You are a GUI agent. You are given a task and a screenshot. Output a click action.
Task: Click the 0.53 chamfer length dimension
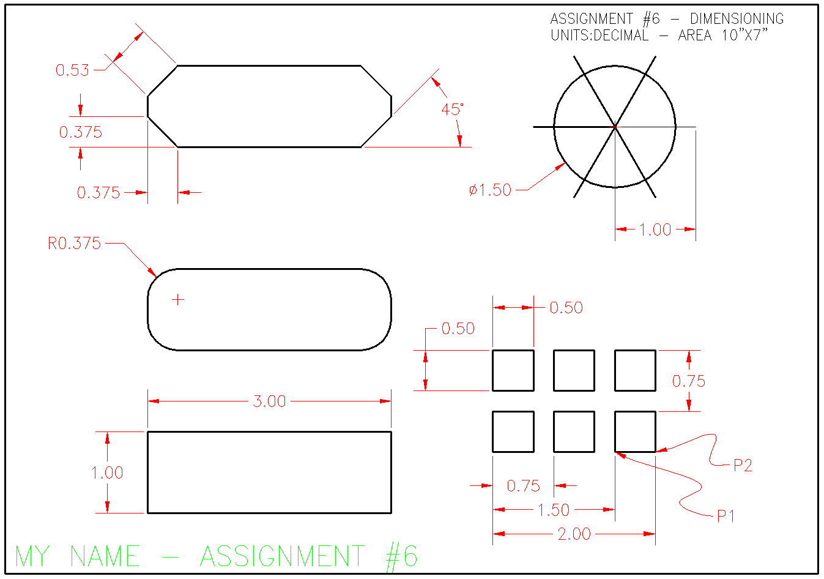tap(72, 70)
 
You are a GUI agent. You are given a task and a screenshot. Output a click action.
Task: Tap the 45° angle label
tap(452, 110)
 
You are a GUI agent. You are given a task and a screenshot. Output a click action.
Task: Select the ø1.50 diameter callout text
tap(490, 190)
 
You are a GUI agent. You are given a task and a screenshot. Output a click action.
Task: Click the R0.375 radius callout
tap(74, 244)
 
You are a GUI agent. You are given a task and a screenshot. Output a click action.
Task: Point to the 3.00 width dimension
tap(269, 402)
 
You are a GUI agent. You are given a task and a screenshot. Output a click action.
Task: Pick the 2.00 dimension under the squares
tap(574, 534)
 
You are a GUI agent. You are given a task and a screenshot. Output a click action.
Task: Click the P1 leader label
tap(726, 516)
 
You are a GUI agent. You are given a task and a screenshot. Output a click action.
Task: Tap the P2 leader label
tap(743, 465)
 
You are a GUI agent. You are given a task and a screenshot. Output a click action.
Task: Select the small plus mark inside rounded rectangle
tap(178, 300)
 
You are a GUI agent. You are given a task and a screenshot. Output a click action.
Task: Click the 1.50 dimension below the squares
tap(554, 510)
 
